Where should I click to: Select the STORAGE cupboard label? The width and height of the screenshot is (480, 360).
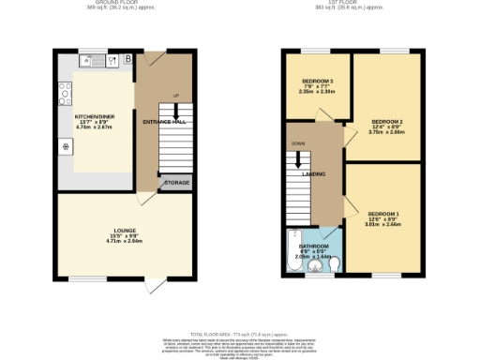coord(178,182)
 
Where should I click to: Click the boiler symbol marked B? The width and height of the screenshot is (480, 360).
coord(127,60)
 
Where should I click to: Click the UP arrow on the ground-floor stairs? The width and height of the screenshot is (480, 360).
coord(175,96)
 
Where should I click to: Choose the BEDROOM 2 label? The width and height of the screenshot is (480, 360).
coord(386,122)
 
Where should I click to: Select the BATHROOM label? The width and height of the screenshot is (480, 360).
coord(312,247)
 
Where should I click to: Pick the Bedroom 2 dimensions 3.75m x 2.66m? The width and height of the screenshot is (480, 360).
coord(386,133)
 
